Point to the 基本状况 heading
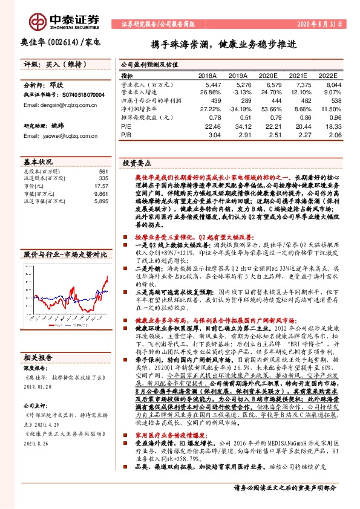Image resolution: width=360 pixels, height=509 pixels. [38, 163]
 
